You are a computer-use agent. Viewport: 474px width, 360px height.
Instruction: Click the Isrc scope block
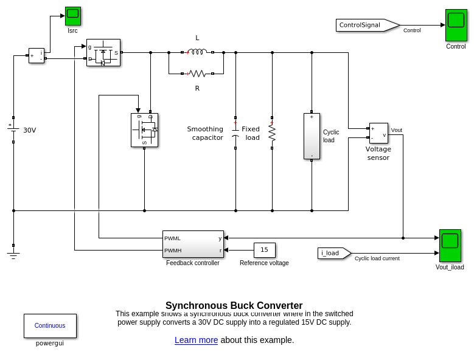[x=73, y=16]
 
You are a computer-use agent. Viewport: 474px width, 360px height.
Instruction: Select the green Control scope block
[x=456, y=25]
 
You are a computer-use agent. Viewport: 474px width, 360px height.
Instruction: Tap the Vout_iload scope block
[x=450, y=245]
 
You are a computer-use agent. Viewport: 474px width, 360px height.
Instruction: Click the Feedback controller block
[x=193, y=244]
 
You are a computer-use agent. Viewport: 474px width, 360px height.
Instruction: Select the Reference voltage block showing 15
[x=264, y=250]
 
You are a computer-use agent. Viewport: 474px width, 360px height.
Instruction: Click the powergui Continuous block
[x=50, y=325]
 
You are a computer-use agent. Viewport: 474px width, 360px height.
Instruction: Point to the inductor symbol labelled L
[x=197, y=52]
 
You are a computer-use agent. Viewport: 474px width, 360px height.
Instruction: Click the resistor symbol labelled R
[x=197, y=74]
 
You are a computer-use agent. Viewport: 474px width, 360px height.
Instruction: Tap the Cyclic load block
[x=312, y=136]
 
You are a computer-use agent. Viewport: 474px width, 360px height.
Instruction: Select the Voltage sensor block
[x=378, y=133]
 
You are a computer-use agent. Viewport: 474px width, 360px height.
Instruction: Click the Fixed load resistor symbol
[x=272, y=133]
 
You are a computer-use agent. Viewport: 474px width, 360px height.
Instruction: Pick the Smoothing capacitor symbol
[x=235, y=133]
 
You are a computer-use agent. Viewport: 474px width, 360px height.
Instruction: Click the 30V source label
[x=29, y=130]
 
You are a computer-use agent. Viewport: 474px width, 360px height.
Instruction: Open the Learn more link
[x=196, y=340]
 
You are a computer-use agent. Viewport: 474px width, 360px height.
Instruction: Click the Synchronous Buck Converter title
[x=234, y=305]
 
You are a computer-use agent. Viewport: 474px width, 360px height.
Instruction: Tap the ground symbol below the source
[x=13, y=254]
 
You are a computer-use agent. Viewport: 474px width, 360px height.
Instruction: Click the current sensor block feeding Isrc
[x=37, y=55]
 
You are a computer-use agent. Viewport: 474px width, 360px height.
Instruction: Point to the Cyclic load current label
[x=377, y=258]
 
